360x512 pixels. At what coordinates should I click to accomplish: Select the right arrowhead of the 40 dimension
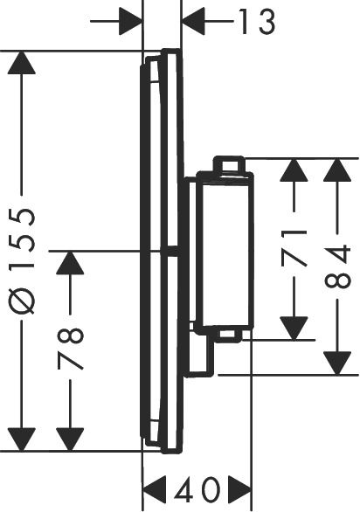tap(236, 488)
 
